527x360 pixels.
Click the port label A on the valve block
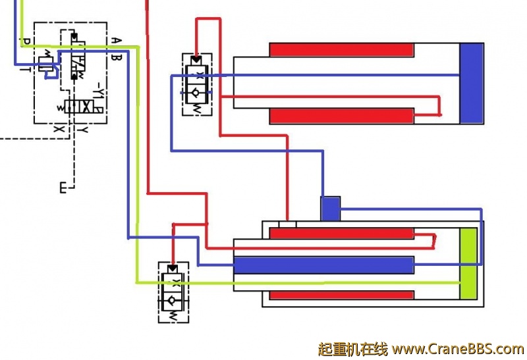(x=115, y=41)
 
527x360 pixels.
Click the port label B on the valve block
(x=115, y=57)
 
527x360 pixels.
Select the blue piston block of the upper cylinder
(x=471, y=83)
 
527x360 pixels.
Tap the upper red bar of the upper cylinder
(x=341, y=49)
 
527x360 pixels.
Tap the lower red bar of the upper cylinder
(x=341, y=115)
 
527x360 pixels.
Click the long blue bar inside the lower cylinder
(x=323, y=265)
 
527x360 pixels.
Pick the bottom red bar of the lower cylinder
(x=341, y=295)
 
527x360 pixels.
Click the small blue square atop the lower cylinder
(x=331, y=209)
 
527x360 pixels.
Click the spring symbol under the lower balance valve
(x=172, y=317)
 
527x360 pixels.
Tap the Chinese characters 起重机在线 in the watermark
(x=352, y=348)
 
